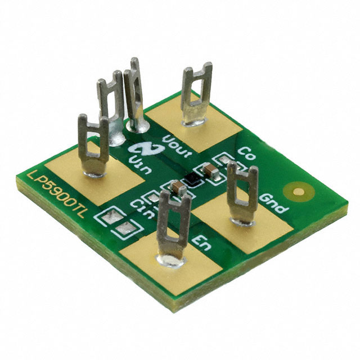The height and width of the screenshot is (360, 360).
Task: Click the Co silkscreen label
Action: coord(246,153)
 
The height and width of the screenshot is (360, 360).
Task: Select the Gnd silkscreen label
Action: coord(273,203)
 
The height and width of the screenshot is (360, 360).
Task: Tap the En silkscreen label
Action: coord(201,243)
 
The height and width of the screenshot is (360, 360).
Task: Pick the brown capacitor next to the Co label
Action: coord(210,170)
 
